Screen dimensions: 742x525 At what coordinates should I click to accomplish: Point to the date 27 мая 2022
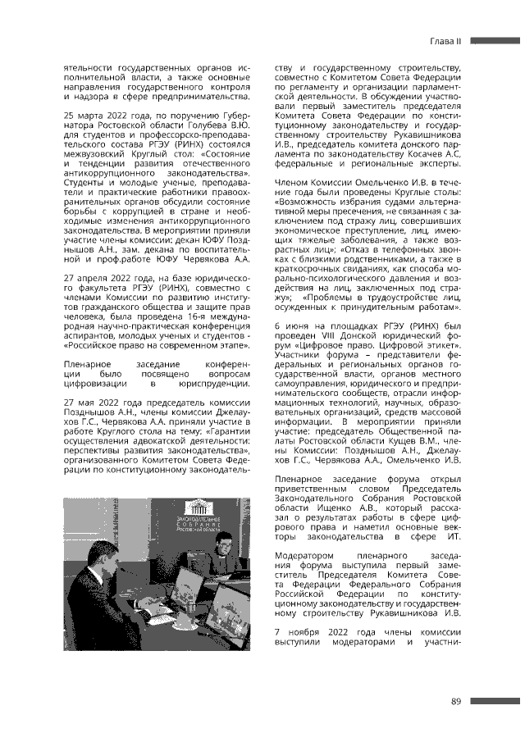pos(97,402)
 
